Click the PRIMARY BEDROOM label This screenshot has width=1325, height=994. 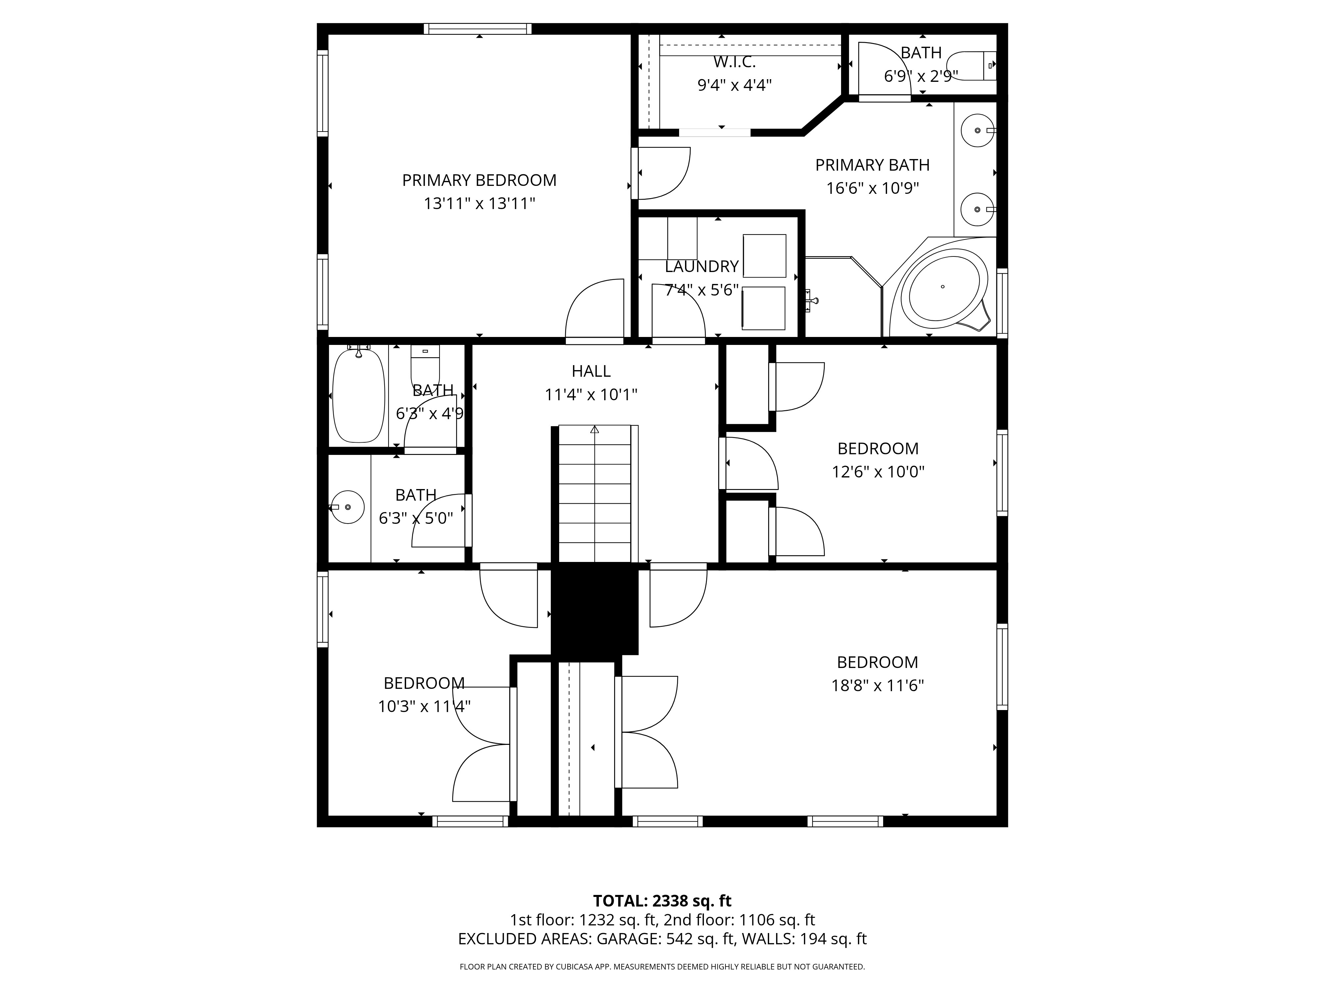click(x=479, y=180)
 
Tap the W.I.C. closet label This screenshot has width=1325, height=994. click(x=734, y=62)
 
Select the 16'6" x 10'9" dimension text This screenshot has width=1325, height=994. click(x=873, y=188)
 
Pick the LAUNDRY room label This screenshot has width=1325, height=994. click(x=702, y=267)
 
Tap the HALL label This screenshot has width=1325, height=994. click(x=591, y=371)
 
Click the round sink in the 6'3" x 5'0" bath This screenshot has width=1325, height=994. click(x=347, y=507)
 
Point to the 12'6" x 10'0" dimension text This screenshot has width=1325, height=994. click(x=878, y=472)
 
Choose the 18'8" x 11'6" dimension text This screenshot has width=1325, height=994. click(x=877, y=686)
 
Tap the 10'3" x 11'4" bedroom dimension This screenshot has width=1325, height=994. click(x=424, y=707)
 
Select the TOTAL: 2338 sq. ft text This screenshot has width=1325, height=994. click(x=662, y=917)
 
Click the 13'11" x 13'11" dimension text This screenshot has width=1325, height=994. click(x=479, y=204)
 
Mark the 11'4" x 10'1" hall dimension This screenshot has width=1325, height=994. click(x=591, y=395)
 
